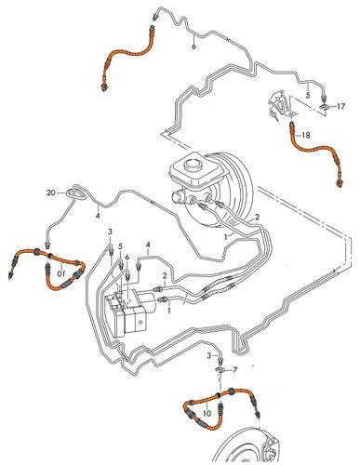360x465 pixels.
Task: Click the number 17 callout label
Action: click(x=340, y=107)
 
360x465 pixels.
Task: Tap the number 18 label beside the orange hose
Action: click(x=306, y=135)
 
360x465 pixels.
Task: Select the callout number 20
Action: click(x=51, y=193)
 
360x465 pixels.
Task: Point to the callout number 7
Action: click(x=234, y=370)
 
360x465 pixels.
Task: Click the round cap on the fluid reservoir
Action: click(x=193, y=165)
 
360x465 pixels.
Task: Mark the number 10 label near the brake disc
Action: click(x=207, y=413)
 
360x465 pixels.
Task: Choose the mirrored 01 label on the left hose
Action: click(x=61, y=273)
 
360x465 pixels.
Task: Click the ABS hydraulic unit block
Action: click(x=129, y=314)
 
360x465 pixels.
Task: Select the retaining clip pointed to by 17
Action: click(x=325, y=107)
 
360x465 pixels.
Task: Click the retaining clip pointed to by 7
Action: click(x=220, y=369)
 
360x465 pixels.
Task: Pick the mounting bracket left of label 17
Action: click(x=282, y=104)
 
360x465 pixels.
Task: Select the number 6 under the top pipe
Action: click(x=193, y=46)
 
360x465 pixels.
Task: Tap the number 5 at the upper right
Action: click(x=308, y=95)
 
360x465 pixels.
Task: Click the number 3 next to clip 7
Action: click(x=209, y=355)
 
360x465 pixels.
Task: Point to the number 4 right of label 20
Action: click(x=98, y=216)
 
